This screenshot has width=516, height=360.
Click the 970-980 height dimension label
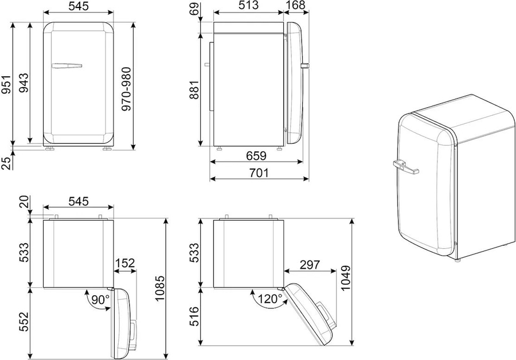[126, 89]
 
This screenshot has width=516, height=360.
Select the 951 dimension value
[6, 85]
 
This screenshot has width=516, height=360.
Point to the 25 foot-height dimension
[6, 163]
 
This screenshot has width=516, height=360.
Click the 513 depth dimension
[248, 5]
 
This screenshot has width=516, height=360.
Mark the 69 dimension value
[194, 9]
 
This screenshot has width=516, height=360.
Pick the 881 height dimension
[194, 89]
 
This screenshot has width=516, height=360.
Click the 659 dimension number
[256, 156]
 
